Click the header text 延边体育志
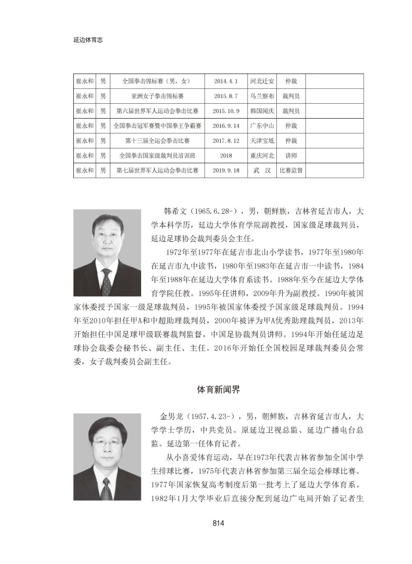88,40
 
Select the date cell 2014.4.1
226,81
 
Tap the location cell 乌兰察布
262,96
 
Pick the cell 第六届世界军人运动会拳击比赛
157,111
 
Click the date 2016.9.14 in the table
226,126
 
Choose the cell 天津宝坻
262,141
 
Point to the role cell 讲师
291,155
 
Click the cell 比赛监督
291,170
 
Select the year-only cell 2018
226,155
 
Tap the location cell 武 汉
262,170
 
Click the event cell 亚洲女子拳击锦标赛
157,96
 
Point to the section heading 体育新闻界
218,390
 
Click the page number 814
218,523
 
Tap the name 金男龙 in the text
171,416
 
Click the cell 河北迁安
262,81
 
